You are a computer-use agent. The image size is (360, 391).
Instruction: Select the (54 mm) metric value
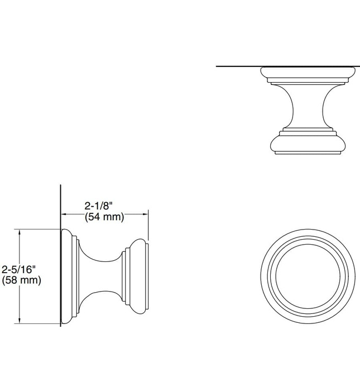[x=104, y=217]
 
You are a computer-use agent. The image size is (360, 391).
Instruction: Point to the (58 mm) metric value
[x=22, y=280]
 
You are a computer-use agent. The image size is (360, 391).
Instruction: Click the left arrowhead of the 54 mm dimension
[x=64, y=213]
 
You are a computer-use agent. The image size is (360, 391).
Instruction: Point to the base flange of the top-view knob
[x=308, y=73]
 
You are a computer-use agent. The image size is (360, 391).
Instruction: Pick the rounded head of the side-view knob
[x=138, y=276]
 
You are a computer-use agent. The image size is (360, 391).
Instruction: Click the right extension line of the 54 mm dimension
[x=148, y=226]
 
